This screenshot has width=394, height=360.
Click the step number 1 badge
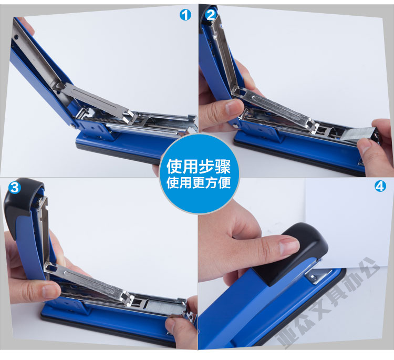185,15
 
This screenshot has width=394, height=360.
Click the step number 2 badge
211,15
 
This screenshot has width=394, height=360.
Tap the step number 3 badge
15,187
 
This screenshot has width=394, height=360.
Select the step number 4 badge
380,186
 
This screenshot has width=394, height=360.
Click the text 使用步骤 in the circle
199,167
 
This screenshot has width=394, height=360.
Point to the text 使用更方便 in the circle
199,182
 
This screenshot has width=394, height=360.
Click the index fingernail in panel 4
289,244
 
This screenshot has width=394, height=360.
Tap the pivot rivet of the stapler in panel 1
74,126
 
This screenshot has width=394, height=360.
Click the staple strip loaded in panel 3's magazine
164,306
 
